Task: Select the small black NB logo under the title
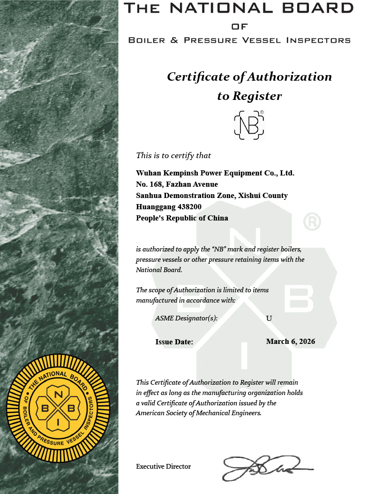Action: point(249,125)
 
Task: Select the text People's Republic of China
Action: point(182,218)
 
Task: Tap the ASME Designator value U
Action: point(269,319)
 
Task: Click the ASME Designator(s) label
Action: point(186,319)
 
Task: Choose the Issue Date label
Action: point(174,342)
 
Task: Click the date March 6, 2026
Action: point(290,342)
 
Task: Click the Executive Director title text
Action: point(163,467)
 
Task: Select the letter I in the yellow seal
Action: point(58,423)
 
